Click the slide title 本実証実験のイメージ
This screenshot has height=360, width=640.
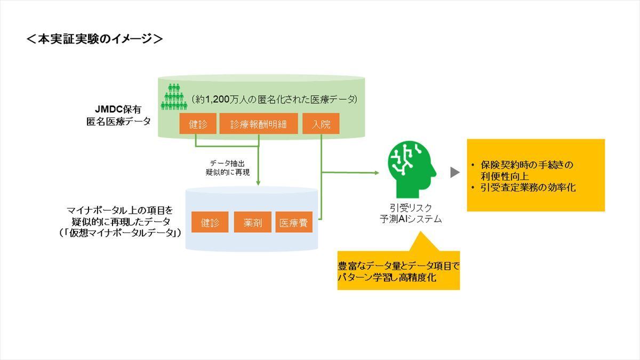94,39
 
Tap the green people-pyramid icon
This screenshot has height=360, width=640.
174,97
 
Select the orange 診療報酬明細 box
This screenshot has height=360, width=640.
259,124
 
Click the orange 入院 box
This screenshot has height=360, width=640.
321,124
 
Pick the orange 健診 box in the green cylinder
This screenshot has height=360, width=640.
198,124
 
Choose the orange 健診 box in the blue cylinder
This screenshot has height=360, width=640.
210,222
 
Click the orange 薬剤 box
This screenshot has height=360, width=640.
253,222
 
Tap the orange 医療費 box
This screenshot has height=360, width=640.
294,222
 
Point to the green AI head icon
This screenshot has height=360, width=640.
412,170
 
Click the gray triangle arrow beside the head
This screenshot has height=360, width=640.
455,172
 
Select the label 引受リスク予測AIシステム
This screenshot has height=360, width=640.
411,213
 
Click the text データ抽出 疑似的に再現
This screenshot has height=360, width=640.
228,167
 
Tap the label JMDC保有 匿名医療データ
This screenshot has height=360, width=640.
118,115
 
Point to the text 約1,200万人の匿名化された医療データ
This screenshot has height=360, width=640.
275,99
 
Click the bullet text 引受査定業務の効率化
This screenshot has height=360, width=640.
528,187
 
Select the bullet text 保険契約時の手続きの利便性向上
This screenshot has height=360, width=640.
526,170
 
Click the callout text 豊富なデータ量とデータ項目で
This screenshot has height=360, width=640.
398,266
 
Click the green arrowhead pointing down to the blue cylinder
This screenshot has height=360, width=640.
258,182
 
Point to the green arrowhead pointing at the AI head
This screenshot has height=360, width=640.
377,173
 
